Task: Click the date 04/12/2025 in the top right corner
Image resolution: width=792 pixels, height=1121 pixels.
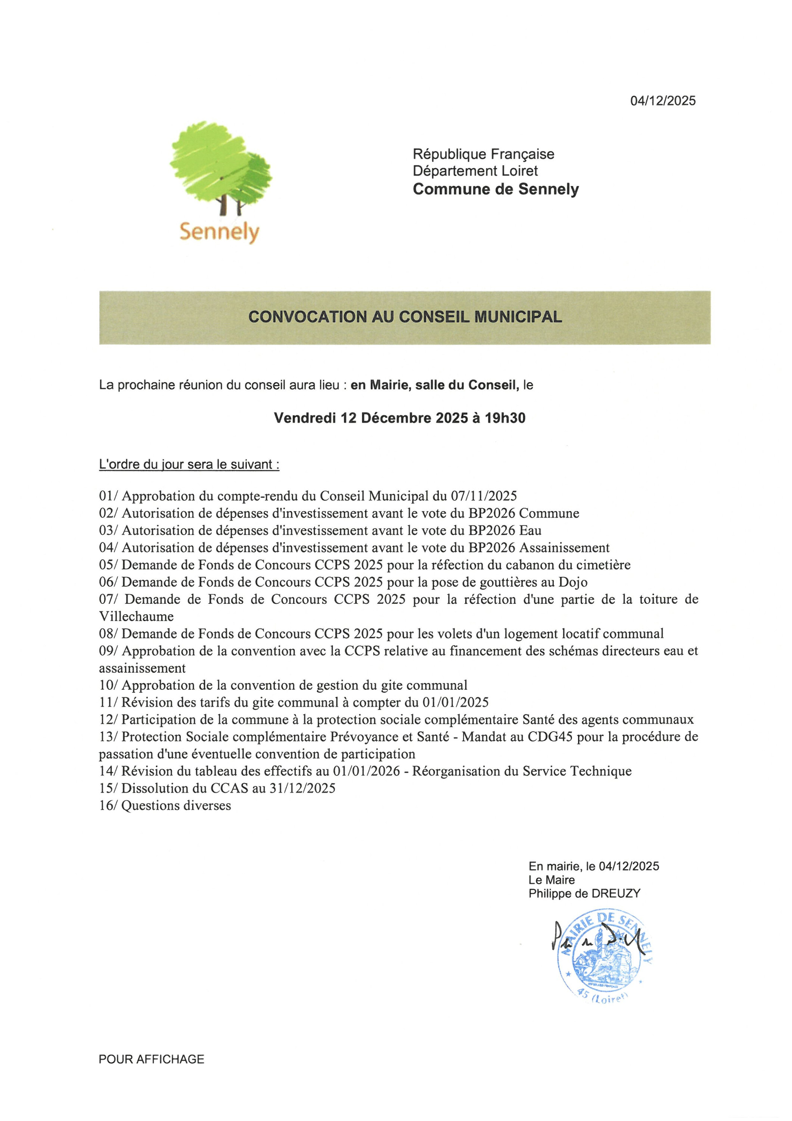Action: coord(663,101)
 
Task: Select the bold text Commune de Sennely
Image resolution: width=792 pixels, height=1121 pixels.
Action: coord(495,189)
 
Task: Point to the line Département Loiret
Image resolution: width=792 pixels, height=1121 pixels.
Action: coord(475,171)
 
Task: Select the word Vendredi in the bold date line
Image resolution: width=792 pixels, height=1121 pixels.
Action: coord(304,418)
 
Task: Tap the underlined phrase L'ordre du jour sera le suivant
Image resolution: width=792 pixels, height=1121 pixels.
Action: coord(189,464)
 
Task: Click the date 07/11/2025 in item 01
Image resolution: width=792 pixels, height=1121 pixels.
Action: coord(484,496)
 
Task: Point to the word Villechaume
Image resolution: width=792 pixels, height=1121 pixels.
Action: coord(136,616)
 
